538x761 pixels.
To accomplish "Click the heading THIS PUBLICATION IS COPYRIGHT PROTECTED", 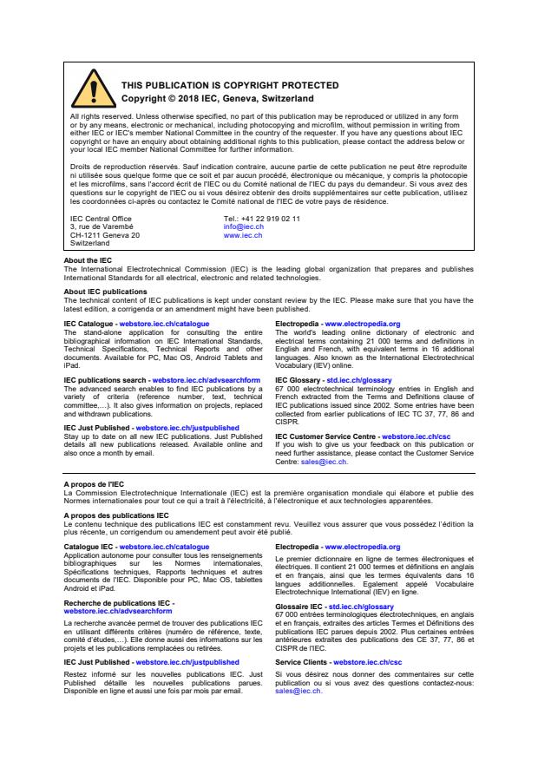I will pos(217,86).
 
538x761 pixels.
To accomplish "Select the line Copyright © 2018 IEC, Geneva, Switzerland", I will pos(217,99).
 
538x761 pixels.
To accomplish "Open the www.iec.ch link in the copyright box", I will pos(242,235).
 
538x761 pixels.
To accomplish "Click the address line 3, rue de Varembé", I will pos(102,227).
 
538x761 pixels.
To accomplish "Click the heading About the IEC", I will pos(88,260).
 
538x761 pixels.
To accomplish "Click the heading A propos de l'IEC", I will pos(93,483).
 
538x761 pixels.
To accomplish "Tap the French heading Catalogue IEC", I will pos(89,548).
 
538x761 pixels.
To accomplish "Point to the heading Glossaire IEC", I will pos(297,607).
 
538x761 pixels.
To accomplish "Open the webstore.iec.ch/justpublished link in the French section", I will pos(187,662).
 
